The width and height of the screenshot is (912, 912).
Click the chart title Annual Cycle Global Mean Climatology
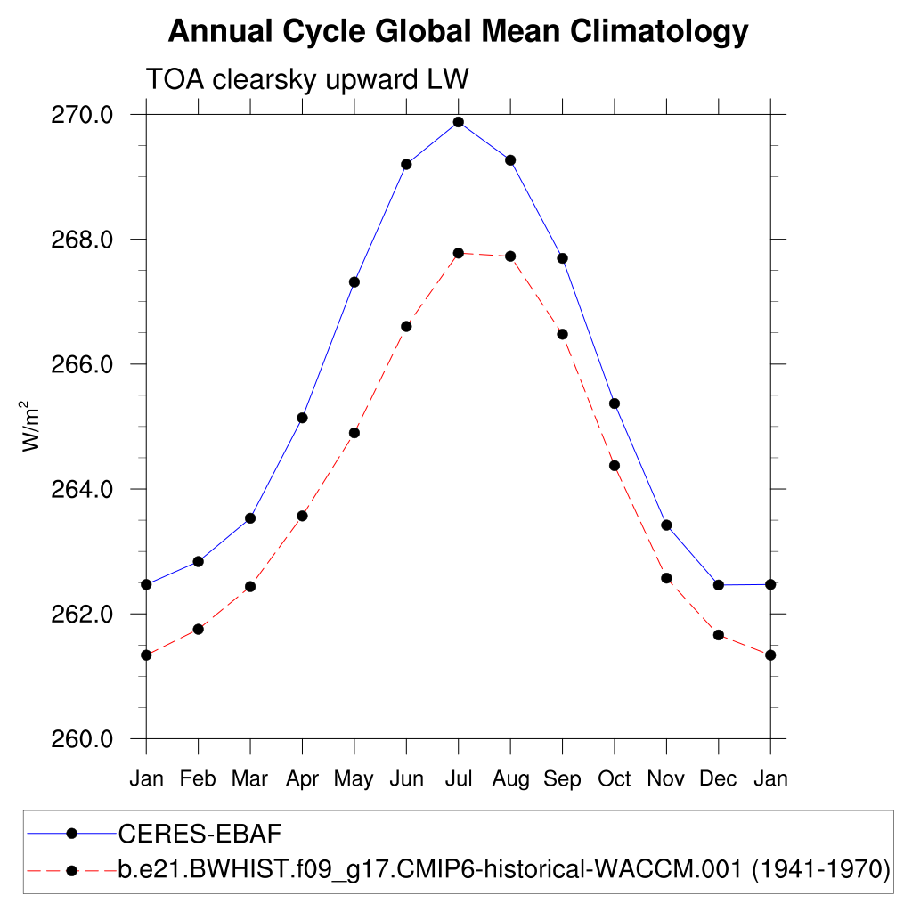(x=458, y=32)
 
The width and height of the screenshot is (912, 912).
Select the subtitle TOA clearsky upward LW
(x=306, y=80)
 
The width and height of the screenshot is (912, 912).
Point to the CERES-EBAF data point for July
(x=459, y=122)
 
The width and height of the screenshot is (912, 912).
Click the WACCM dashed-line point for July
(x=459, y=253)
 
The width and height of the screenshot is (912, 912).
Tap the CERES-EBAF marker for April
(x=303, y=418)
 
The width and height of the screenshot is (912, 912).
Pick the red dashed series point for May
(x=354, y=433)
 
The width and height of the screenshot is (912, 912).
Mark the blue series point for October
(x=615, y=403)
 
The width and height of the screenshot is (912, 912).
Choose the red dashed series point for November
(x=666, y=578)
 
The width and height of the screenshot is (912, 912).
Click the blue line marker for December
(x=719, y=585)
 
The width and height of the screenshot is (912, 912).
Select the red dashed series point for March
(x=250, y=586)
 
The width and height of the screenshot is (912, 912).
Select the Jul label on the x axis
(x=459, y=779)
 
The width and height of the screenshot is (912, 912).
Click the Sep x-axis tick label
(x=563, y=779)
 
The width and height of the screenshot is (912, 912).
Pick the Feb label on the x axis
(x=198, y=779)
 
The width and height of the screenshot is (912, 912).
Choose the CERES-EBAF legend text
(x=200, y=834)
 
